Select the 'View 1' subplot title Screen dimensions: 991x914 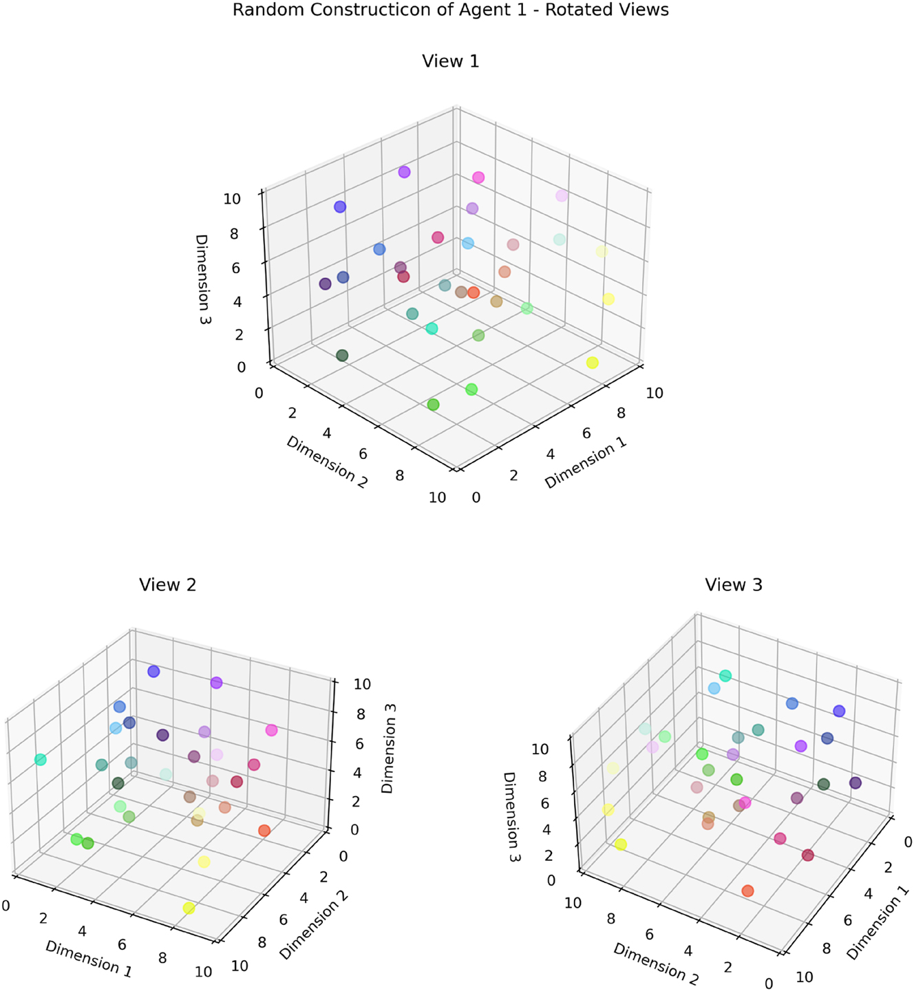pyautogui.click(x=450, y=61)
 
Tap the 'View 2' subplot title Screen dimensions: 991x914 pyautogui.click(x=167, y=585)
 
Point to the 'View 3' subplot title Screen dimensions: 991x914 pyautogui.click(x=734, y=585)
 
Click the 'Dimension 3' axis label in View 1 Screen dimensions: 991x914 pyautogui.click(x=202, y=279)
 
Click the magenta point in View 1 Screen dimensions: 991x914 pyautogui.click(x=478, y=178)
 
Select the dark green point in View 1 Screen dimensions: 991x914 pyautogui.click(x=342, y=355)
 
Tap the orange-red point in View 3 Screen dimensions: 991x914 pyautogui.click(x=748, y=891)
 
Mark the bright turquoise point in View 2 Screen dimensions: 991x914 pyautogui.click(x=41, y=760)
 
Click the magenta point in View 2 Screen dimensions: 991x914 pyautogui.click(x=271, y=730)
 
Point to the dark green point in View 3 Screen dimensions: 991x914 pyautogui.click(x=823, y=784)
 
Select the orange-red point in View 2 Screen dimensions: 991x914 pyautogui.click(x=264, y=831)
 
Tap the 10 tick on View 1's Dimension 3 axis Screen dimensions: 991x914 pyautogui.click(x=232, y=199)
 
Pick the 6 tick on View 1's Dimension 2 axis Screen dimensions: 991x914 pyautogui.click(x=363, y=454)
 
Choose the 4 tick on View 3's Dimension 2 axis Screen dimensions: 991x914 pyautogui.click(x=689, y=951)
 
